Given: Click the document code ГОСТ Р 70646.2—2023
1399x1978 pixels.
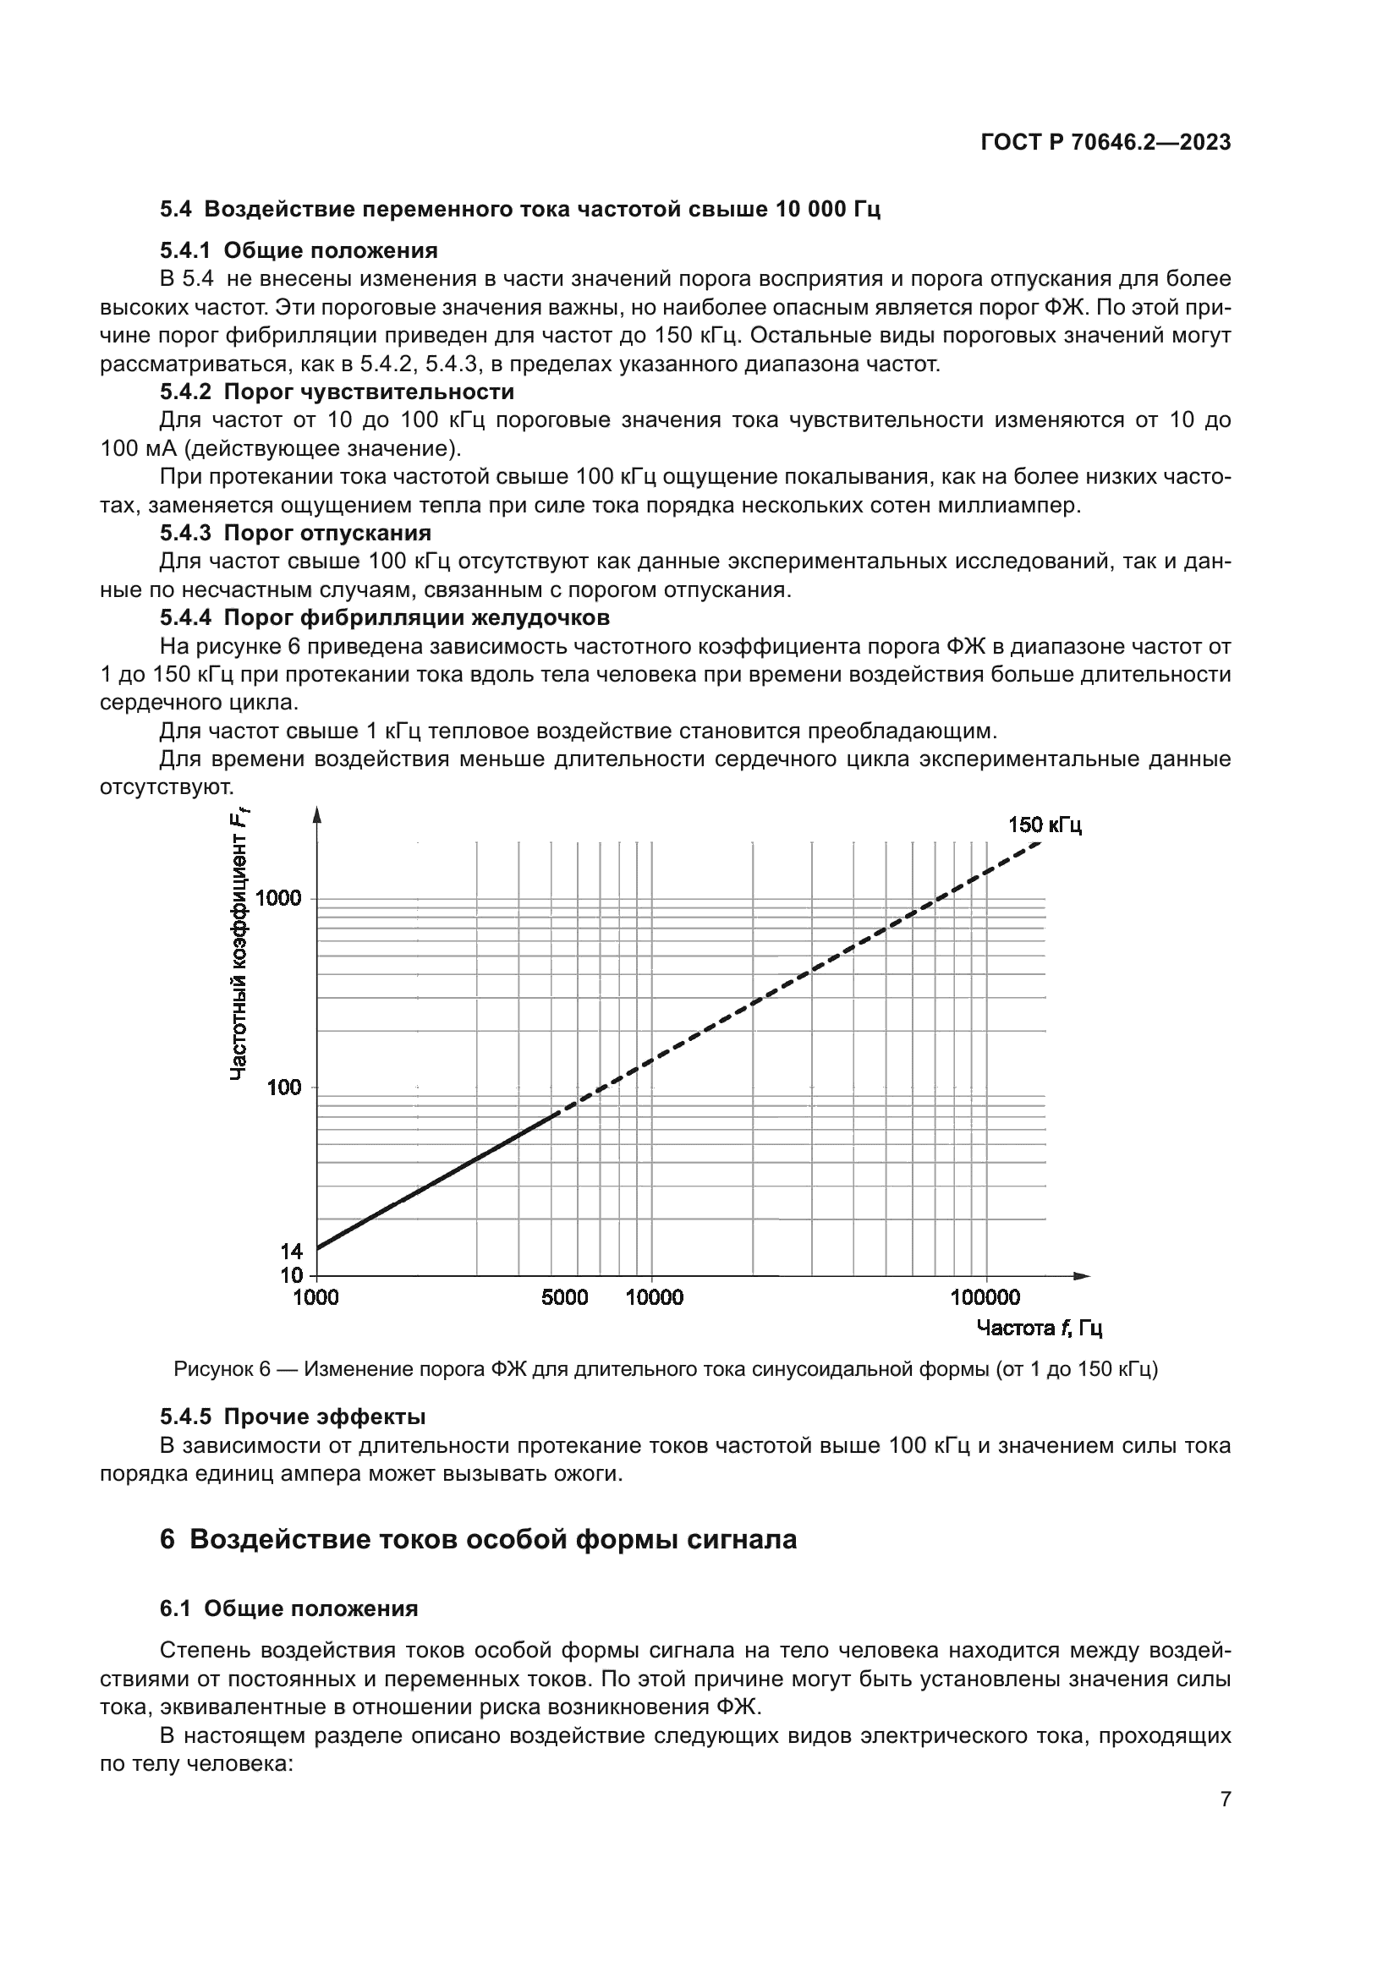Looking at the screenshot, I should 1105,143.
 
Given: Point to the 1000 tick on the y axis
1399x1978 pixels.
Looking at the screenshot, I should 279,899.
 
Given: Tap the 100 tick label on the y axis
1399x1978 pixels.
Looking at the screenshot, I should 284,1088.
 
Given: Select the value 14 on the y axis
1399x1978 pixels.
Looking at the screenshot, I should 291,1251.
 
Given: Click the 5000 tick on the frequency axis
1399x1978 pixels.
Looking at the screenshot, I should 564,1297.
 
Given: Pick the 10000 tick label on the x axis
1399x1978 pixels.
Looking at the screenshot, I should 654,1297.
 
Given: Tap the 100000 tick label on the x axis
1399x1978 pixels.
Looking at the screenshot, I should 985,1297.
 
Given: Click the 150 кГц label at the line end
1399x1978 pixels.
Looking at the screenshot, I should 1044,825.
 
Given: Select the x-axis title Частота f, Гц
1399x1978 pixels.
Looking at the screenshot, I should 1039,1328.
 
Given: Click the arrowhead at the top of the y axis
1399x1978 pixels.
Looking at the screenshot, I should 316,814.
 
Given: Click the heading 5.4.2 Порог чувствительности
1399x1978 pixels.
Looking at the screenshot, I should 337,392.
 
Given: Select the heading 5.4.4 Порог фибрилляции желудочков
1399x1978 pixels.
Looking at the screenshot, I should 384,617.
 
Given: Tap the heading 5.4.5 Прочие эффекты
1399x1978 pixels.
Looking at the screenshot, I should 293,1416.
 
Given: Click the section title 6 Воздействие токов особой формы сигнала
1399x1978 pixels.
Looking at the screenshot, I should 478,1538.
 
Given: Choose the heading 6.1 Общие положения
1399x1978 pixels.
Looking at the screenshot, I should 288,1608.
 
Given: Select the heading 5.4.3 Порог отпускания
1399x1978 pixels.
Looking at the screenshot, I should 295,533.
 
